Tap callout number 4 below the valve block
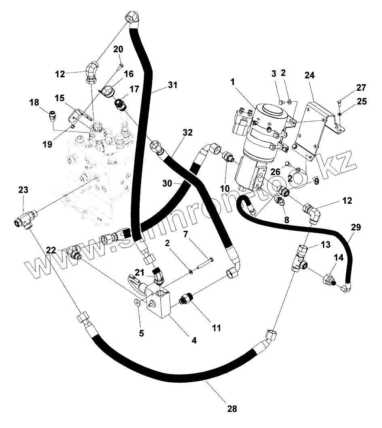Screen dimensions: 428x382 [x=194, y=341]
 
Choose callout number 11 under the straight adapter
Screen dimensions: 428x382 [x=217, y=328]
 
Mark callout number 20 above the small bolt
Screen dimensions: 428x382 [x=118, y=49]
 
